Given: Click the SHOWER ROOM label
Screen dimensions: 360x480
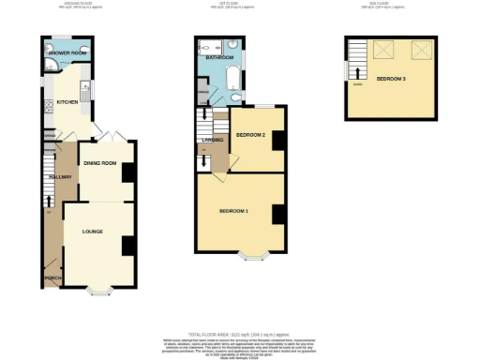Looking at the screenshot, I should click(67, 53).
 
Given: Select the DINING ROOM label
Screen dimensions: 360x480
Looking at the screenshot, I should click(100, 164).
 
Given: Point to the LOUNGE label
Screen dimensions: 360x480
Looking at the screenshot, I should click(92, 231).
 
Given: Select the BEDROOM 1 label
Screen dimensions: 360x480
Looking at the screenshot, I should click(234, 211).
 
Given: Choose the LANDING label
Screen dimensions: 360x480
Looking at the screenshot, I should click(212, 139).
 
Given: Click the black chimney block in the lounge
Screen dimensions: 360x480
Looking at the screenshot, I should click(127, 246).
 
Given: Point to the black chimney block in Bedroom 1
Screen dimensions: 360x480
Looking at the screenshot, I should click(278, 214).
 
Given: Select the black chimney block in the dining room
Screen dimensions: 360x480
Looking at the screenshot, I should click(127, 172).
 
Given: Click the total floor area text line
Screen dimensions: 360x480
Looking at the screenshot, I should click(239, 335).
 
